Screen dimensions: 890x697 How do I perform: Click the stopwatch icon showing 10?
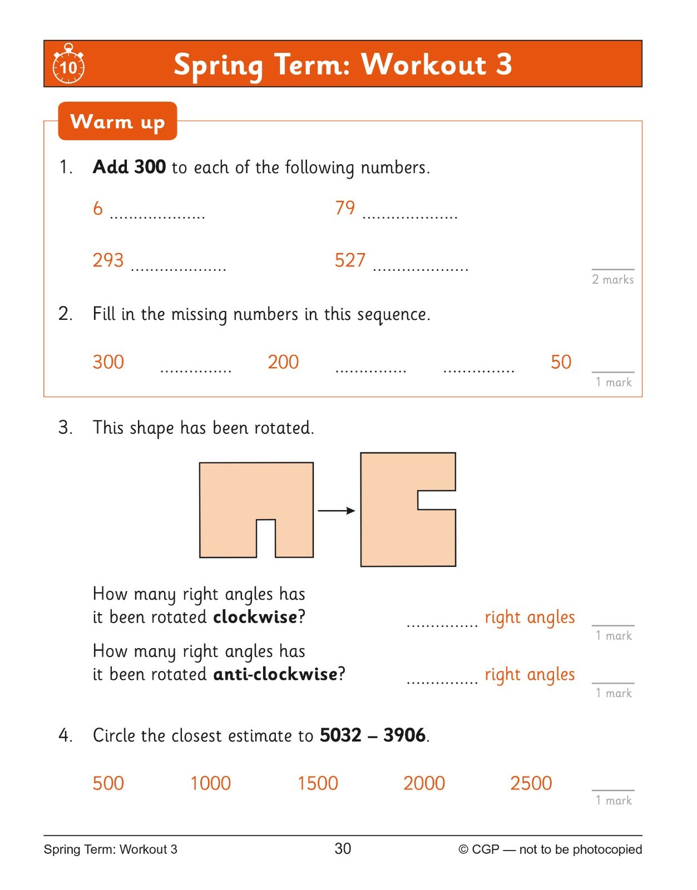(x=68, y=65)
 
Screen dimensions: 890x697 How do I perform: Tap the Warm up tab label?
(x=117, y=121)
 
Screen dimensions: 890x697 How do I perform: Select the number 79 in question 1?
(x=345, y=207)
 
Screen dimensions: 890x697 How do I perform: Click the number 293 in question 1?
(x=108, y=260)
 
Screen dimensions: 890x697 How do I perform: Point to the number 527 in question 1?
(x=350, y=260)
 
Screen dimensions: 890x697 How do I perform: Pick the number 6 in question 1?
(x=98, y=209)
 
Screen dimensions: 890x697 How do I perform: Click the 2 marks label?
(x=612, y=279)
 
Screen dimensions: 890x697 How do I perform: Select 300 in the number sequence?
(x=108, y=362)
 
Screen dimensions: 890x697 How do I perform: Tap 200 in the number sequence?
(x=283, y=362)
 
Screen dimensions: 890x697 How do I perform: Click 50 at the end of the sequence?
(x=561, y=362)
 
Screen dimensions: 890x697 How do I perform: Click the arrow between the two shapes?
(x=336, y=511)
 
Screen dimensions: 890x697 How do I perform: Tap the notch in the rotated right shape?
(x=436, y=500)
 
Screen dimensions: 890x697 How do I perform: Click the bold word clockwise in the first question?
(x=255, y=617)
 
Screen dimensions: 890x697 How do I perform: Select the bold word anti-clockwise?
(x=275, y=674)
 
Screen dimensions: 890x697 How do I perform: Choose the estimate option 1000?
(x=210, y=783)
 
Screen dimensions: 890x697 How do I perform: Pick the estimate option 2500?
(x=531, y=783)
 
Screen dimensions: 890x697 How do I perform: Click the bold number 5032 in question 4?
(x=340, y=735)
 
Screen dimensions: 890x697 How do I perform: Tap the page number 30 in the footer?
(x=343, y=848)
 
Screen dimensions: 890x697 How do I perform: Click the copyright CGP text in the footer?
(x=550, y=849)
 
